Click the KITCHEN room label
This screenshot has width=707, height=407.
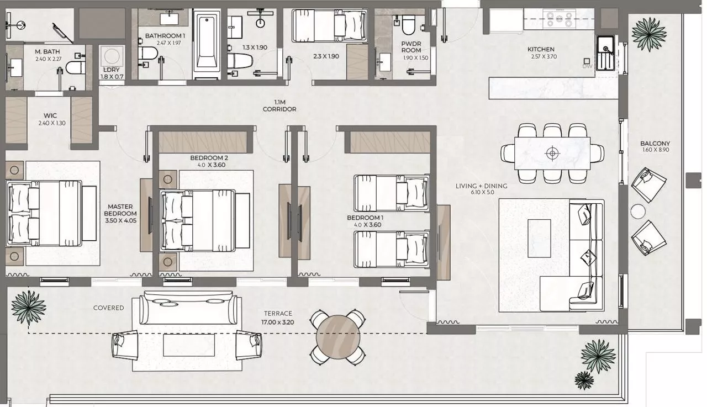click(x=541, y=49)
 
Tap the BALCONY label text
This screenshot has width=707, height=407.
click(x=655, y=143)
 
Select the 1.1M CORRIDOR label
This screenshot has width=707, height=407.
click(x=279, y=105)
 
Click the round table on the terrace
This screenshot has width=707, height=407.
click(x=337, y=337)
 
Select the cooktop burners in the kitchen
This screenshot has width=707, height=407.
click(x=560, y=19)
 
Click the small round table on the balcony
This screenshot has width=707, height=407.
click(x=638, y=212)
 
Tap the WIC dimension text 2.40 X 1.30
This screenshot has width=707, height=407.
click(x=52, y=123)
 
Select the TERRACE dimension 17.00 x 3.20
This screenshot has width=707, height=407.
click(x=278, y=323)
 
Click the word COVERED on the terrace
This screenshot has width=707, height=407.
click(x=109, y=308)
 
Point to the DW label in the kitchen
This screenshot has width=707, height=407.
click(x=587, y=66)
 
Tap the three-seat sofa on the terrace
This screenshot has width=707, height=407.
click(x=188, y=307)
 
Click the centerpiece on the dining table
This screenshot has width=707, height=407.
click(x=552, y=154)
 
